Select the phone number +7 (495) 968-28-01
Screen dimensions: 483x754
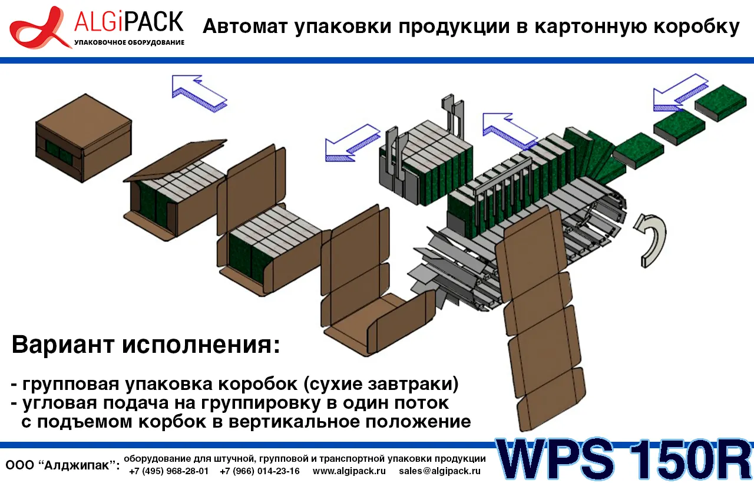168,471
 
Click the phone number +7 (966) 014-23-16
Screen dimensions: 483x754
259,471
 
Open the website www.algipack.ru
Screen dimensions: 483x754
349,471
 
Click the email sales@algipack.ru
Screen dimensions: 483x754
439,471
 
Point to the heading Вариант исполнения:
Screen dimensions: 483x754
145,345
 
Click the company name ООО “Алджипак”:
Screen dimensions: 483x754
62,465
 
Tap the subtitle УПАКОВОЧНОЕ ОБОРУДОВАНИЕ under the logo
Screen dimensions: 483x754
129,42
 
